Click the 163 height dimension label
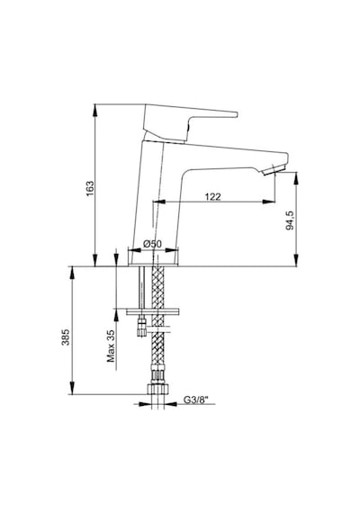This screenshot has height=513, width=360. tap(90, 188)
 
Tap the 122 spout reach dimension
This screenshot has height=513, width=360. tap(213, 196)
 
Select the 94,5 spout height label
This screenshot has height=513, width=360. tap(291, 220)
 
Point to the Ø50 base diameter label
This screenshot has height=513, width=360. tap(153, 244)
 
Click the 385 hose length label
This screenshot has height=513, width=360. tap(66, 337)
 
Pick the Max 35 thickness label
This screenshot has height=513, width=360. tap(112, 346)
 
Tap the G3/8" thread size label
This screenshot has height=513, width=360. tap(195, 400)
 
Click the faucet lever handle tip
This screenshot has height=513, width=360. tap(235, 114)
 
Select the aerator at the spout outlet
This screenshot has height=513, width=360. tap(274, 170)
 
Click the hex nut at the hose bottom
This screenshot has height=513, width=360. tap(158, 390)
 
